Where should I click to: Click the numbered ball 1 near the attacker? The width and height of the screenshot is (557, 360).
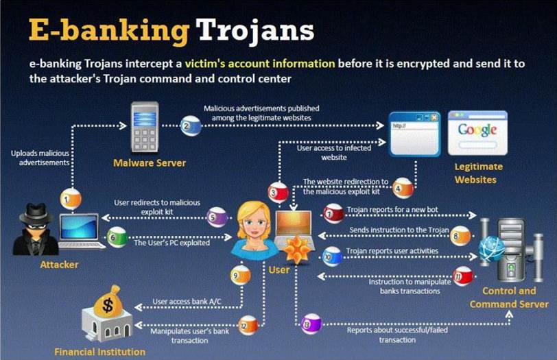point(71,199)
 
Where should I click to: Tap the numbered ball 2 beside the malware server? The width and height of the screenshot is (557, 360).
point(191,125)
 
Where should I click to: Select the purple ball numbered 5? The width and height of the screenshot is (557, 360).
point(217,217)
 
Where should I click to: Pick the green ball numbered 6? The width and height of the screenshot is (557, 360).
point(117,237)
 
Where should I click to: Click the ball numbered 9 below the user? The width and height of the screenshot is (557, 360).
point(240,276)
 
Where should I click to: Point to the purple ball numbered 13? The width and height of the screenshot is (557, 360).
point(311,324)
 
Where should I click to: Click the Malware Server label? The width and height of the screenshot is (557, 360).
point(150,163)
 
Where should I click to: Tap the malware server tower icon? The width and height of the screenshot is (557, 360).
point(145,127)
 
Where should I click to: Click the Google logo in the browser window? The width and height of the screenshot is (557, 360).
point(477,130)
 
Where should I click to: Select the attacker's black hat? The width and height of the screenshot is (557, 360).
point(34,213)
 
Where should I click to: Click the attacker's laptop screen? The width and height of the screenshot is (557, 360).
point(79,227)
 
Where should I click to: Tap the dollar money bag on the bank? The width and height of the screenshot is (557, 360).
point(108,302)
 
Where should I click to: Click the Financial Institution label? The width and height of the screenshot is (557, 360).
point(100,352)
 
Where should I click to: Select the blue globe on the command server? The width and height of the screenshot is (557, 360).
point(491,249)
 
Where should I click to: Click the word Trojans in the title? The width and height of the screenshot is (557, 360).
point(254,31)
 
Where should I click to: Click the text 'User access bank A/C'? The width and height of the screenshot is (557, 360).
point(187,302)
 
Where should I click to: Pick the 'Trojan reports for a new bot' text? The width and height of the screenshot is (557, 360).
point(392,209)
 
